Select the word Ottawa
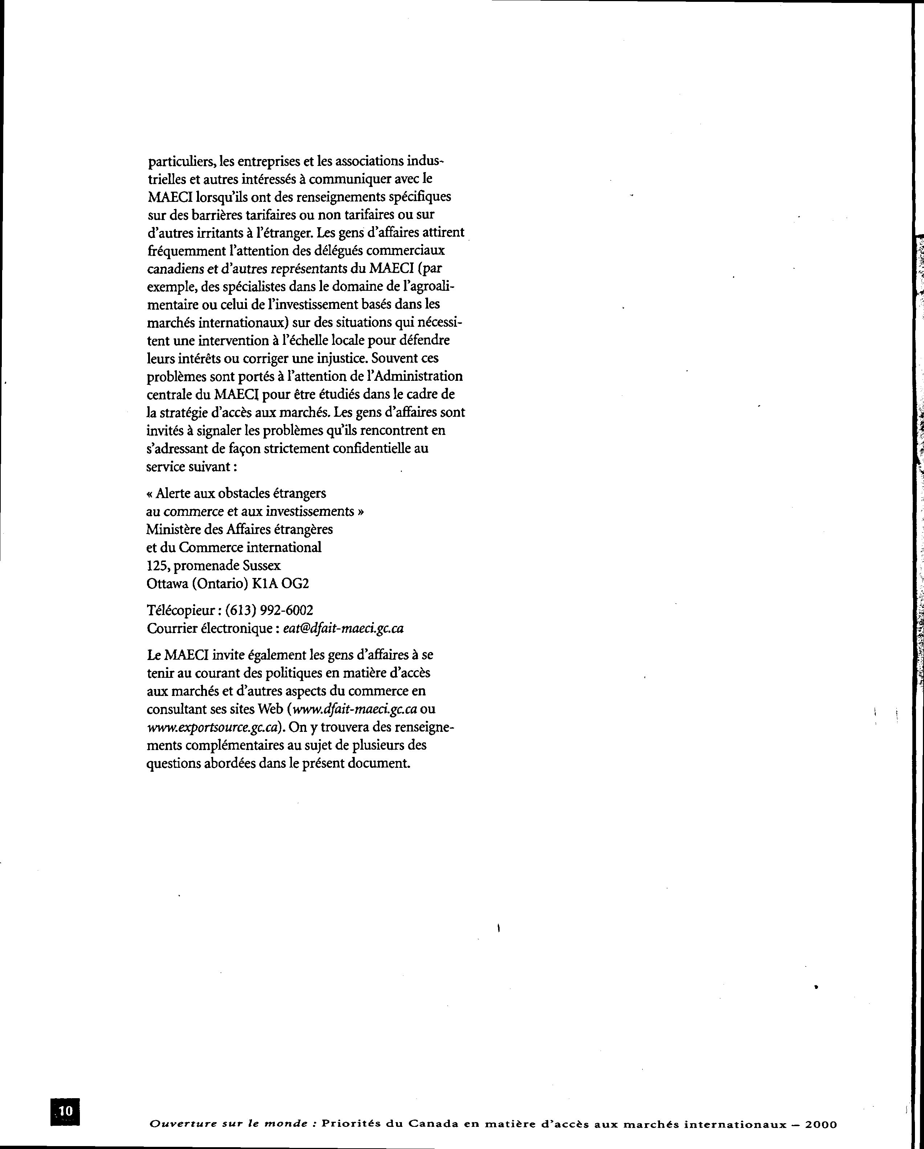[x=167, y=583]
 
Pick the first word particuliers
[x=181, y=161]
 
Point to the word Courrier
[x=171, y=628]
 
